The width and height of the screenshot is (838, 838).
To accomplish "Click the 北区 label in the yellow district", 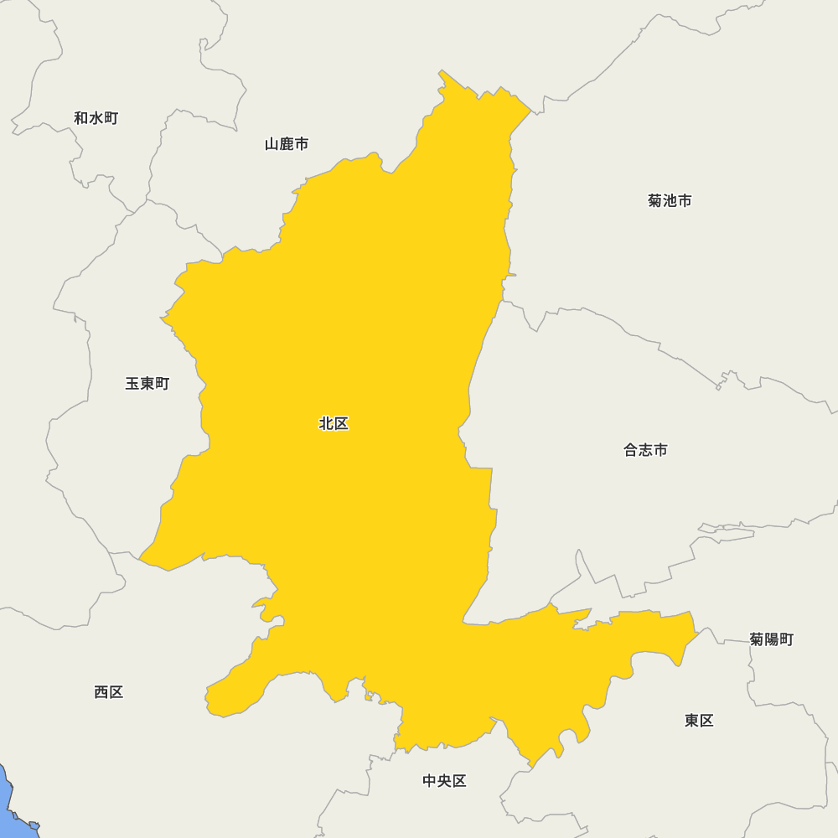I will coord(334,424).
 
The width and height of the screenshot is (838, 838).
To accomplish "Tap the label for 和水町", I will coord(96,118).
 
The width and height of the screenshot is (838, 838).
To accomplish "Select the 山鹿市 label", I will coord(287,144).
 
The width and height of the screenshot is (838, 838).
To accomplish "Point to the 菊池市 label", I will coord(670,201).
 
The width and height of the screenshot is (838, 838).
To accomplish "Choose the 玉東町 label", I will coord(147,384).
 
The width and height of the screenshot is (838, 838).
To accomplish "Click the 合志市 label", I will coord(645,450).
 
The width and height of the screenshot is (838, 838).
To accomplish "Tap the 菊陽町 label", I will coord(771,639).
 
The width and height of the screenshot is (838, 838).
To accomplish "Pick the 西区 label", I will coord(109,692).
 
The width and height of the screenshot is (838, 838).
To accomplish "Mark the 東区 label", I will coord(699,721).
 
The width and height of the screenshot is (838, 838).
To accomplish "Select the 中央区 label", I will coord(444,781).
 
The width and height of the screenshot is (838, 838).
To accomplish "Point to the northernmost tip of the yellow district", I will coord(441,71).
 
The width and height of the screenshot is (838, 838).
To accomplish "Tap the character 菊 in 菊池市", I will coord(655,201).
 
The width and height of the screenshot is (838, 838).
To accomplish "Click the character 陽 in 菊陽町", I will coord(772,639).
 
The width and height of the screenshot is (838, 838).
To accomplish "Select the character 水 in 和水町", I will coord(96,118).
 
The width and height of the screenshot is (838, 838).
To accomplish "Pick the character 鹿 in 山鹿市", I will coord(287,144).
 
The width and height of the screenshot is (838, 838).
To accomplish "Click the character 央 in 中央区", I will coord(444,781).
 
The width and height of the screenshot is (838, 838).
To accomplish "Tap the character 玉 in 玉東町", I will coord(132,384).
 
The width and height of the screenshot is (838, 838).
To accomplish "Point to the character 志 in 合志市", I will coord(645,450).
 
